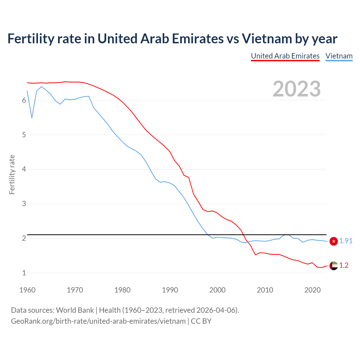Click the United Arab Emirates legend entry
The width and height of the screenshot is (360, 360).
[x=285, y=56]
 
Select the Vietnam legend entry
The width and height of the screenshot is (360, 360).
[x=339, y=56]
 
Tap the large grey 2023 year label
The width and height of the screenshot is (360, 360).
[x=297, y=89]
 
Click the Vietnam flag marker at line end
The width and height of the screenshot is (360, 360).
[x=334, y=241]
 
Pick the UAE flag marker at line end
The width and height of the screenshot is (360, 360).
[x=334, y=265]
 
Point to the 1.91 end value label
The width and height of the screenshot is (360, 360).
[x=346, y=241]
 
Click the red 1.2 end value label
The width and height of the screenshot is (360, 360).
[x=344, y=265]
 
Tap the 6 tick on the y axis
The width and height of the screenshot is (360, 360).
[x=24, y=100]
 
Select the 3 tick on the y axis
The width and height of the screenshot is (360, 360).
[x=24, y=204]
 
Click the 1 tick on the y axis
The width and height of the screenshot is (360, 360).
[x=24, y=273]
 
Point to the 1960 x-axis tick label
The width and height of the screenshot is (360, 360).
[x=27, y=290]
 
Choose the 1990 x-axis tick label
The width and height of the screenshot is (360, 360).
[x=170, y=290]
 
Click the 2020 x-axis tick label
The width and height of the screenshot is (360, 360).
[x=312, y=290]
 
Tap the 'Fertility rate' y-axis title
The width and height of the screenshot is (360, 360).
[x=12, y=174]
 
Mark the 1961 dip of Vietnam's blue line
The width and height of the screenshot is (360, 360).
[x=32, y=117]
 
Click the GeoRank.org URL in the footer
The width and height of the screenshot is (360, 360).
[x=98, y=321]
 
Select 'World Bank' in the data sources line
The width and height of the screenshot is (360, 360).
[x=75, y=310]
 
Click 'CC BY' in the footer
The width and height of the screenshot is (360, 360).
[x=201, y=321]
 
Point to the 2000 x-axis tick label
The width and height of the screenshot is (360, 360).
[x=217, y=290]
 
